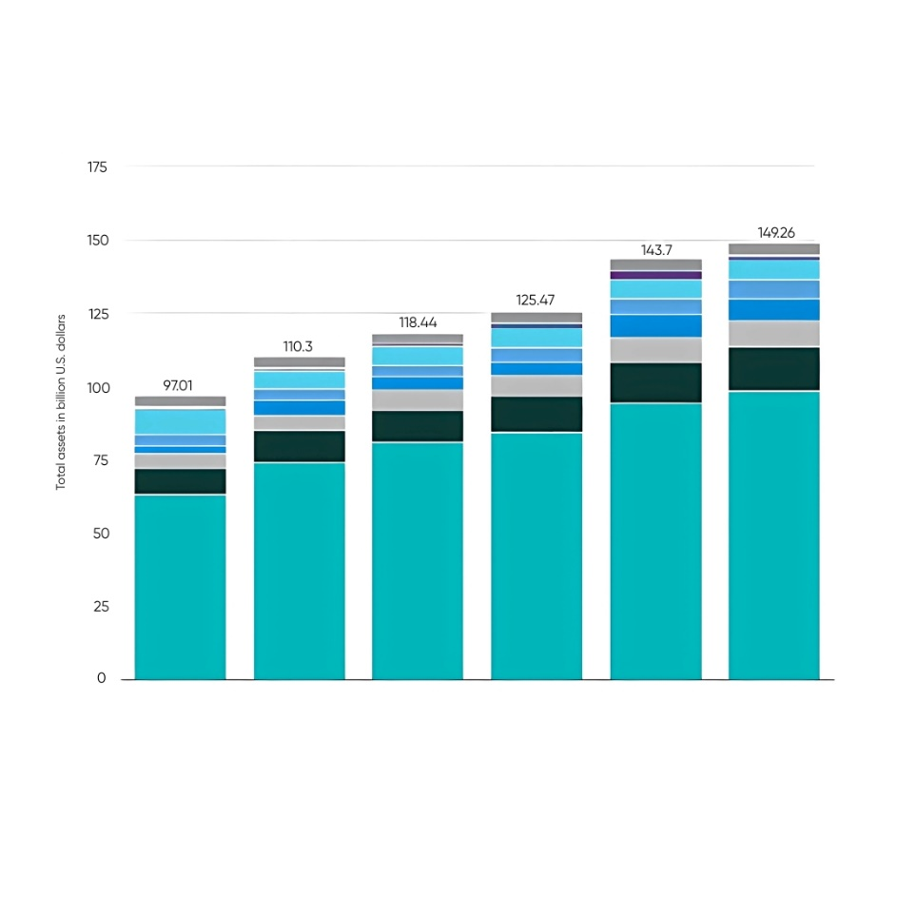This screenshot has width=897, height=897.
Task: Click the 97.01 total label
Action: pyautogui.click(x=180, y=386)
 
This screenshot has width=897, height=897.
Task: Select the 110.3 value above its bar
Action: pyautogui.click(x=299, y=347)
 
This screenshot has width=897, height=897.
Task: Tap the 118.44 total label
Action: pyautogui.click(x=418, y=323)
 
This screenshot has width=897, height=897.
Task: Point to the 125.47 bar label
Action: pyautogui.click(x=536, y=300)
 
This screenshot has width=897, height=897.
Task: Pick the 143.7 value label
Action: pyautogui.click(x=655, y=248)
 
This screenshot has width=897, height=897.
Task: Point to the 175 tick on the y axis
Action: pyautogui.click(x=98, y=167)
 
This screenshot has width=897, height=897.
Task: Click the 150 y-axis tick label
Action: pyautogui.click(x=98, y=241)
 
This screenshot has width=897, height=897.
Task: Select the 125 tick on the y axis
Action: pyautogui.click(x=98, y=314)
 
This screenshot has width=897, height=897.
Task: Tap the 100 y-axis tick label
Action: pyautogui.click(x=98, y=387)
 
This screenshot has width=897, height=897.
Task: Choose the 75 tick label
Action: pyautogui.click(x=100, y=460)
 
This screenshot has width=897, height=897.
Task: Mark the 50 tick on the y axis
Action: pyautogui.click(x=100, y=534)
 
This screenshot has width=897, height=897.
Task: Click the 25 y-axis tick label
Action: pyautogui.click(x=100, y=607)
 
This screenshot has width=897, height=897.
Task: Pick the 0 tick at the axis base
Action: pyautogui.click(x=103, y=679)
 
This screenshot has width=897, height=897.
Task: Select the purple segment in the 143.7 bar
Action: pyautogui.click(x=655, y=275)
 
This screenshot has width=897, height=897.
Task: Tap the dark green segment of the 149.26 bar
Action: pyautogui.click(x=774, y=369)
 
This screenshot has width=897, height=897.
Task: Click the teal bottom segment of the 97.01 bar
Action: pyautogui.click(x=180, y=586)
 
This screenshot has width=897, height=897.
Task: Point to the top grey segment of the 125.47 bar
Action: pyautogui.click(x=536, y=318)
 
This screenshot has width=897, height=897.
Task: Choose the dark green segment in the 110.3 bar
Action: pyautogui.click(x=299, y=446)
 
